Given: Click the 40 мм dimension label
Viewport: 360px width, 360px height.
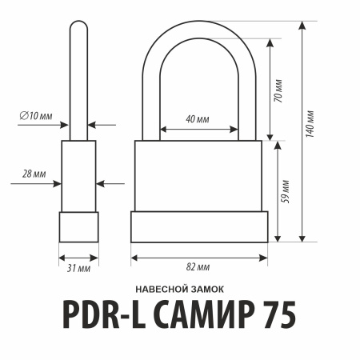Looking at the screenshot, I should tap(198, 118).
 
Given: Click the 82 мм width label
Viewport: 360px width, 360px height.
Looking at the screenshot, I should tap(198, 266).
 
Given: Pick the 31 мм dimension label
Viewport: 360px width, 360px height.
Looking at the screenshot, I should tap(78, 268).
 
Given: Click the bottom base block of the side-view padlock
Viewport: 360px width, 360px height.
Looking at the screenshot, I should tap(78, 226).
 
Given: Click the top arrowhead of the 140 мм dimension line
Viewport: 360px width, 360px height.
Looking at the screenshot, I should tap(302, 26).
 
